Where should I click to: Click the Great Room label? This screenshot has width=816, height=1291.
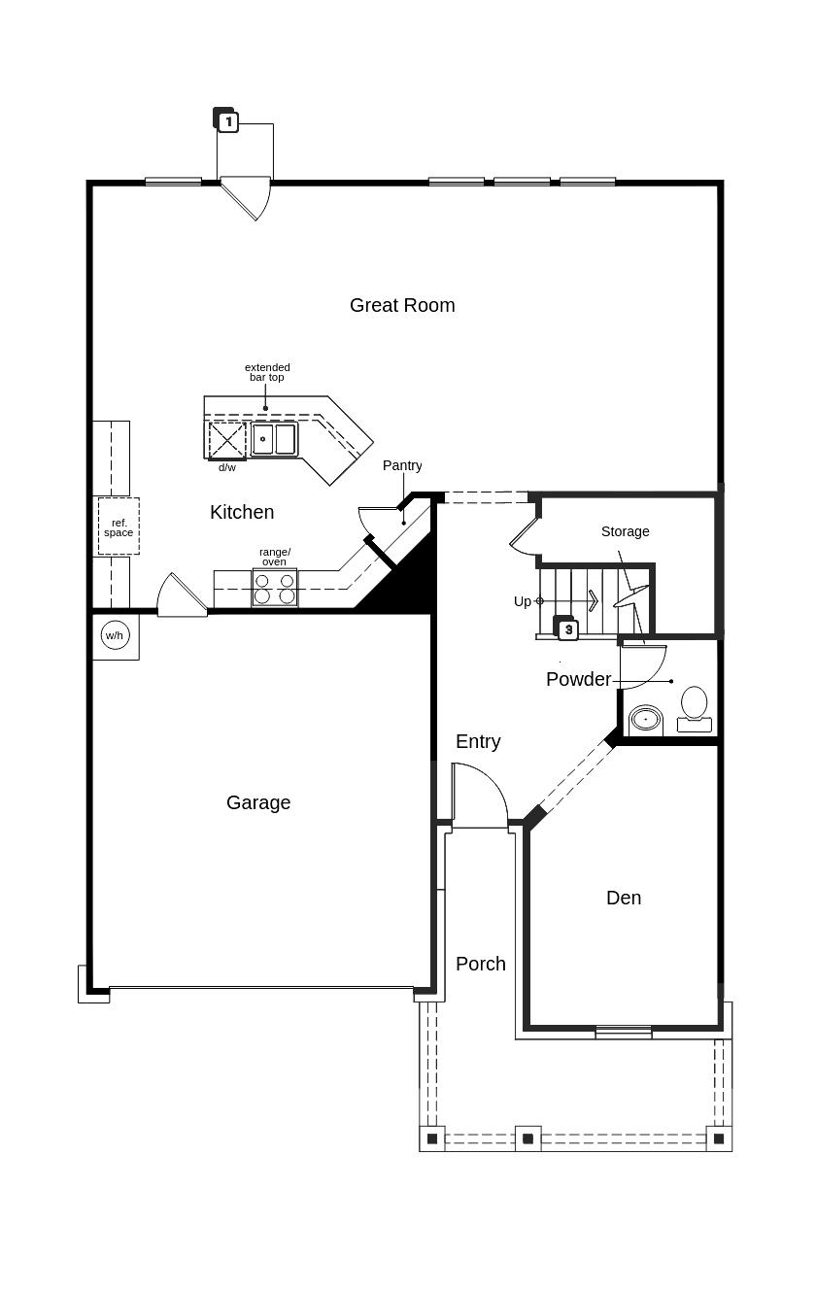tap(402, 305)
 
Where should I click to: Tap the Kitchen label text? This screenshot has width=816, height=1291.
tap(242, 512)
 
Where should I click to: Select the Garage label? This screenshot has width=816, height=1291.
tap(258, 802)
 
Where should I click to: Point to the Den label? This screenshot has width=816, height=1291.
tap(624, 898)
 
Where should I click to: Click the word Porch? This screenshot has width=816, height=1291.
tap(481, 964)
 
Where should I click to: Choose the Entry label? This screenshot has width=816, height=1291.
tap(478, 742)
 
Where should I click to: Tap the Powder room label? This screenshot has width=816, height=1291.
tap(578, 680)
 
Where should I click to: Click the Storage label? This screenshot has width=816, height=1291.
tap(626, 531)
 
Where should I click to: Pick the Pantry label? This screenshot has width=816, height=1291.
tap(402, 465)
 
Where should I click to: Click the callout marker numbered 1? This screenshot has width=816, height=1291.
tap(228, 121)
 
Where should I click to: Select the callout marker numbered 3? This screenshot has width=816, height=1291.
tap(568, 629)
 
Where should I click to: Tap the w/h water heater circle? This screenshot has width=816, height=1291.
tap(115, 635)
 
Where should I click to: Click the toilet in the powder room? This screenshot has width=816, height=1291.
tap(695, 709)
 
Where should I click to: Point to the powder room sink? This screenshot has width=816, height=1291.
tap(646, 721)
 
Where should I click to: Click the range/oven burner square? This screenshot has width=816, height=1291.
tap(275, 588)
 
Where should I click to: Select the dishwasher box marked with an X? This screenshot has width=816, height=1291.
tap(227, 440)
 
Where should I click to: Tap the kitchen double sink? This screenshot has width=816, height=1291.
tap(274, 439)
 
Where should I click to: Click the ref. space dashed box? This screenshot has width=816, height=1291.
tap(119, 527)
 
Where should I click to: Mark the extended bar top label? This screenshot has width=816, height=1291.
tap(267, 372)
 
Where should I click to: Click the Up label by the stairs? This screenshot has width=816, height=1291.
tap(522, 601)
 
